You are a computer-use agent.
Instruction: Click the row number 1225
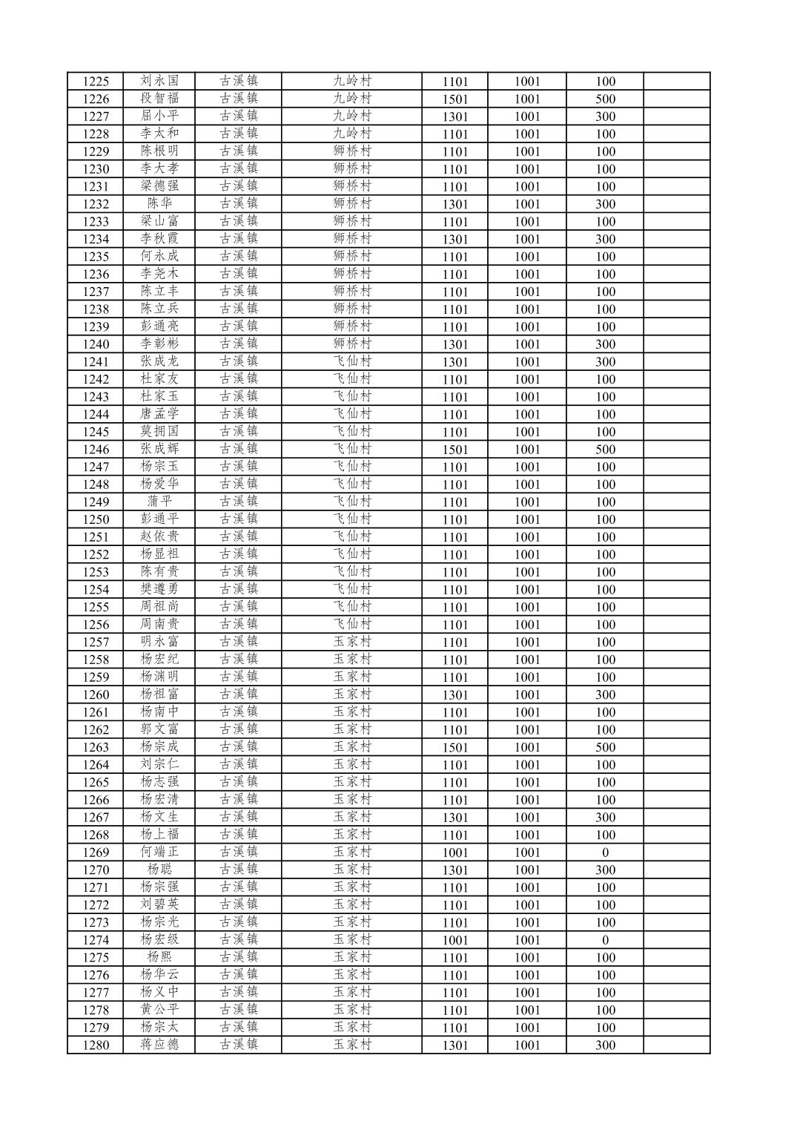[96, 82]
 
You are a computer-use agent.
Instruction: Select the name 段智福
[159, 99]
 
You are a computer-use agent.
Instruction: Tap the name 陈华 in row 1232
[159, 204]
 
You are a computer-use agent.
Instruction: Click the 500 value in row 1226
[605, 99]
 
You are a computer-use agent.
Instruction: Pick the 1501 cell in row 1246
[454, 450]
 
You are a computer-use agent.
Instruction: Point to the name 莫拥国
[159, 432]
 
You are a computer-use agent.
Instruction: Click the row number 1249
[96, 502]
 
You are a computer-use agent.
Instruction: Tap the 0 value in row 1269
[605, 852]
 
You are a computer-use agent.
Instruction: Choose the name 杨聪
[159, 870]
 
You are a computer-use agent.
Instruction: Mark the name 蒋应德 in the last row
[159, 1045]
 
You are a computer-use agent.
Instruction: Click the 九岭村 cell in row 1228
[351, 134]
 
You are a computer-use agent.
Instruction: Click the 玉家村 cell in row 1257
[351, 642]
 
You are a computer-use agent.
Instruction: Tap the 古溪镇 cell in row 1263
[238, 747]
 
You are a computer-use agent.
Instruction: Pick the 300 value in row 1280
[605, 1045]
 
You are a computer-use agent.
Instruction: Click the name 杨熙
[159, 957]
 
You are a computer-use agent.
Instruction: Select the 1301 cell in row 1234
[454, 239]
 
